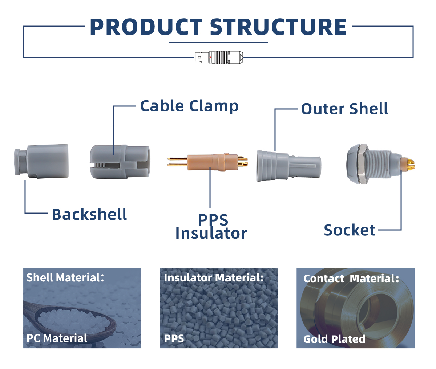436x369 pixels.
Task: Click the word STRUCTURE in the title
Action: pyautogui.click(x=278, y=27)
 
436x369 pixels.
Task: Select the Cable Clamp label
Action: pyautogui.click(x=189, y=106)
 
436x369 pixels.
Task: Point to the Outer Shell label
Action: pyautogui.click(x=344, y=109)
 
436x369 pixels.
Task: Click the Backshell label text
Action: pyautogui.click(x=89, y=214)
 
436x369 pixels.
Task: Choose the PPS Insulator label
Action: pyautogui.click(x=211, y=227)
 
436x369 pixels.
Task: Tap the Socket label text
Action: pyautogui.click(x=349, y=230)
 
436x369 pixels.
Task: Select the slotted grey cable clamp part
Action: pyautogui.click(x=120, y=161)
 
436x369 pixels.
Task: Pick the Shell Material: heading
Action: pyautogui.click(x=65, y=278)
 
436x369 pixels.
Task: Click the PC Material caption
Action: pyautogui.click(x=57, y=338)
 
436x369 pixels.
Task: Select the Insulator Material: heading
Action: pyautogui.click(x=214, y=278)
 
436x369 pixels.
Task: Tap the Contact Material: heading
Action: pyautogui.click(x=351, y=279)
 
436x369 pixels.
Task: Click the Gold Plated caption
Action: pyautogui.click(x=334, y=339)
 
